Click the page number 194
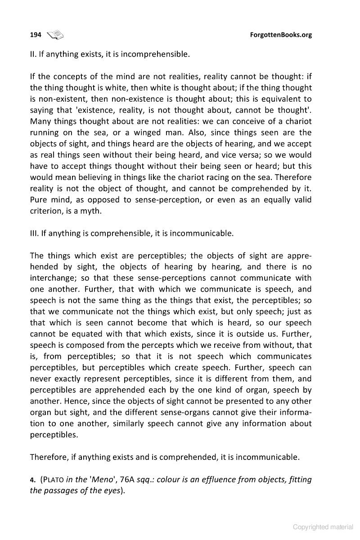[x=36, y=35]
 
